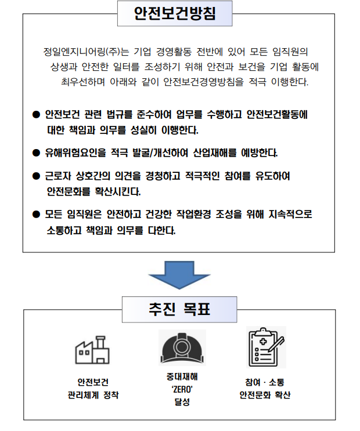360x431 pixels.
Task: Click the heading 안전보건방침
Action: [175, 13]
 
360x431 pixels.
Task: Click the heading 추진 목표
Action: [179, 309]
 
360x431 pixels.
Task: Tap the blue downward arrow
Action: [179, 275]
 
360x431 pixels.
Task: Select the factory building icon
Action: [92, 350]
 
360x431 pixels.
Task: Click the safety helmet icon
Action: [182, 347]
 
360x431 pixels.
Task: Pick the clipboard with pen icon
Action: [266, 347]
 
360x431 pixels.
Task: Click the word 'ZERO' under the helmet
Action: [182, 389]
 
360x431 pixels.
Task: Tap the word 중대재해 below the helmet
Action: [182, 376]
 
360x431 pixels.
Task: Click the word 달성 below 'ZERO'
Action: [182, 402]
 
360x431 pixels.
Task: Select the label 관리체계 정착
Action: [93, 395]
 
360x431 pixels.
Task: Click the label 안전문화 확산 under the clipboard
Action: [265, 395]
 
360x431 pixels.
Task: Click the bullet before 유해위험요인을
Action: [36, 153]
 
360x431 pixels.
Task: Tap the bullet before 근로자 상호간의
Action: [36, 176]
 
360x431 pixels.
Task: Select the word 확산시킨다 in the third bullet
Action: [118, 191]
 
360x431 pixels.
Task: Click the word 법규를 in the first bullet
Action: [120, 114]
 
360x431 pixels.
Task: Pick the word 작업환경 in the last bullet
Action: [193, 214]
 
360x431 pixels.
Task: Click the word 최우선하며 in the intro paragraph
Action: [83, 82]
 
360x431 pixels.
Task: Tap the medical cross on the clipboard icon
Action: [263, 342]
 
